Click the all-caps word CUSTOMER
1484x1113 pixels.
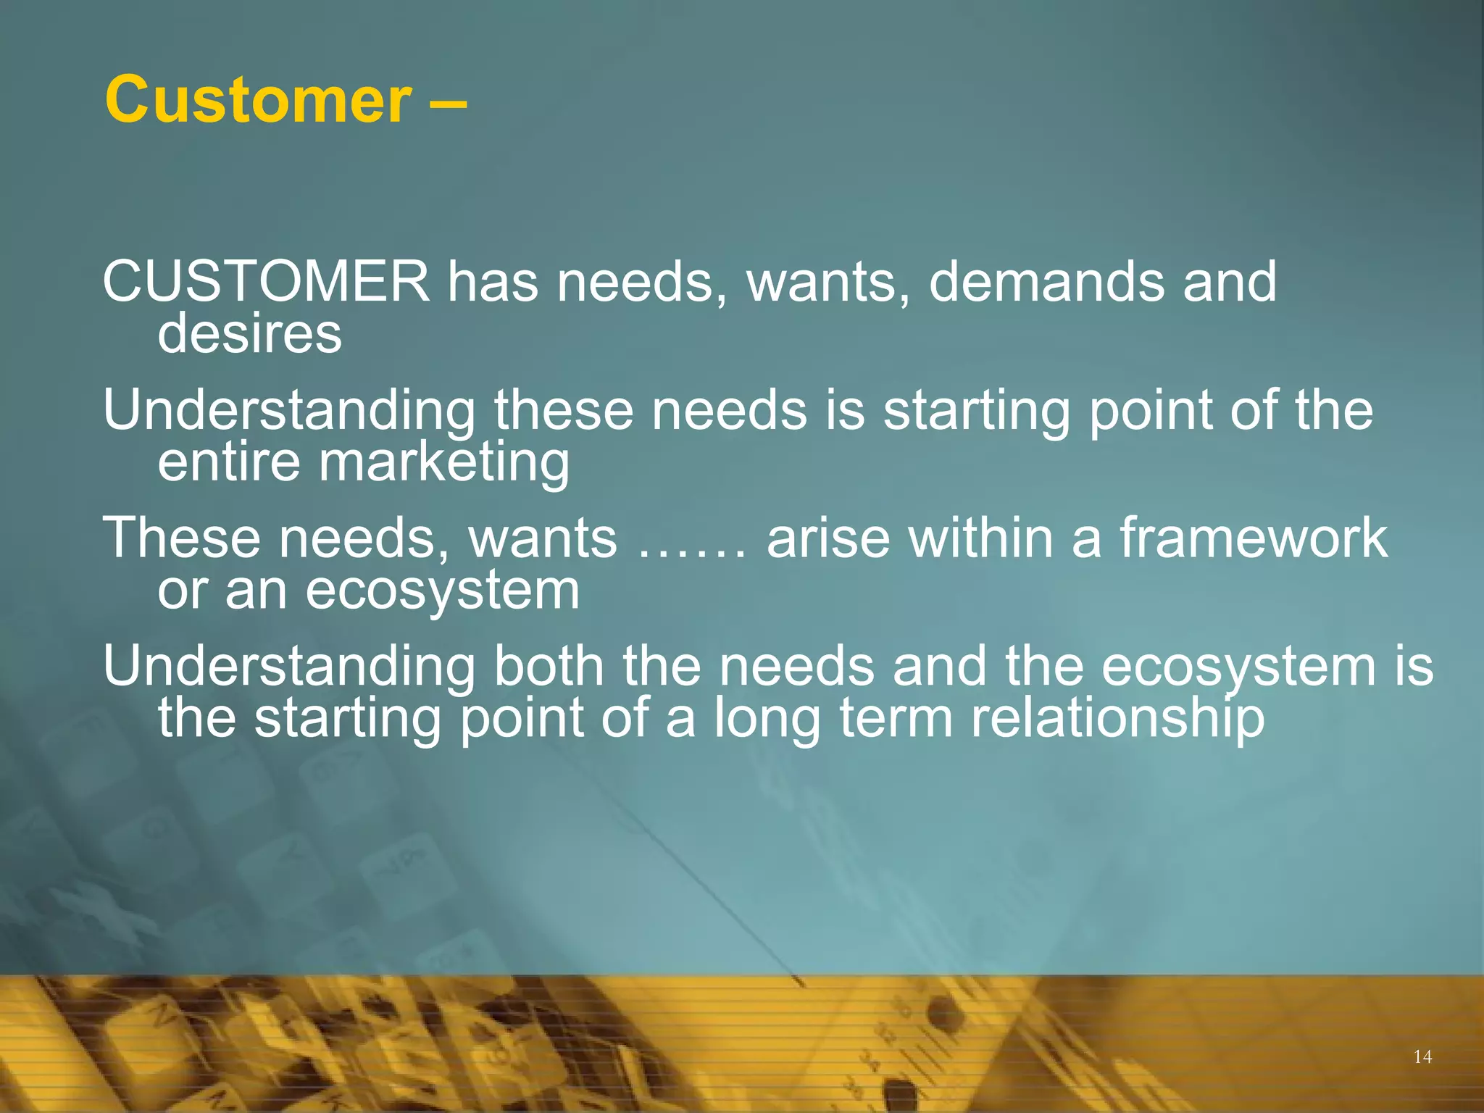click(x=266, y=281)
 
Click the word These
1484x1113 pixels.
click(x=181, y=538)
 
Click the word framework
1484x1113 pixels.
click(x=1253, y=538)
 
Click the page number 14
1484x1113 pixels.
click(x=1422, y=1057)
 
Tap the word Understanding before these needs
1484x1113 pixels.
click(x=288, y=411)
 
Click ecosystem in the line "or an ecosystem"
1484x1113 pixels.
click(x=442, y=591)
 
